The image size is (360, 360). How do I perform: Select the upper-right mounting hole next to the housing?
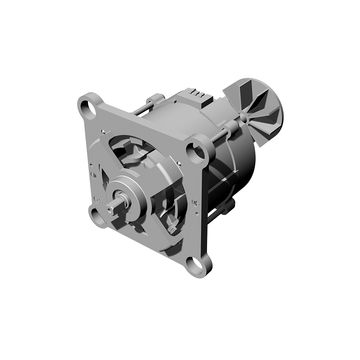[200, 149]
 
